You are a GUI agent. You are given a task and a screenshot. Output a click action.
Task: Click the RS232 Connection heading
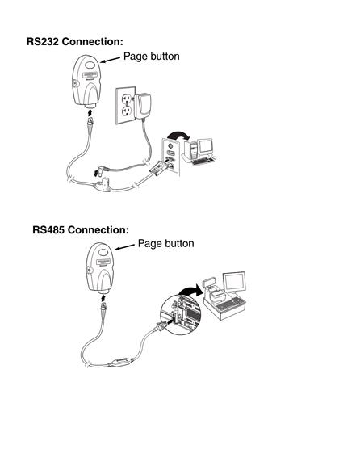pyautogui.click(x=74, y=42)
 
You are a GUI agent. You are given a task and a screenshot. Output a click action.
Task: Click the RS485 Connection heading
pyautogui.click(x=81, y=229)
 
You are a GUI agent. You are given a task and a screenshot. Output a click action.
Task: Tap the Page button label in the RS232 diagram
pyautogui.click(x=152, y=57)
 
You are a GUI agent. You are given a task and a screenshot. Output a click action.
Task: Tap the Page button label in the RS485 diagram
pyautogui.click(x=166, y=243)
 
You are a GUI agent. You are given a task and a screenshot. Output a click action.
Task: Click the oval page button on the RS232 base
pyautogui.click(x=90, y=65)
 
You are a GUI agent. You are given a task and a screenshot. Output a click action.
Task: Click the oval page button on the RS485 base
pyautogui.click(x=103, y=253)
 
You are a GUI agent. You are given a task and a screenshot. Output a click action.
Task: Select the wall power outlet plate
pyautogui.click(x=126, y=105)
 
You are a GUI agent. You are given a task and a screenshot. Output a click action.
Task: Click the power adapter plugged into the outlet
pyautogui.click(x=143, y=106)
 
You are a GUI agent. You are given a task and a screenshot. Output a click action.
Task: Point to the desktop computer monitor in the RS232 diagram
pyautogui.click(x=206, y=147)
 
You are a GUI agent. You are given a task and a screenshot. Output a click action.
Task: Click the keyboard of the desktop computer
pyautogui.click(x=203, y=161)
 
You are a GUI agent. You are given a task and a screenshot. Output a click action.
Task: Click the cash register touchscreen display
pyautogui.click(x=235, y=282)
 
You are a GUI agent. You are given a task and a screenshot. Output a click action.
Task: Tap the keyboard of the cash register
pyautogui.click(x=229, y=304)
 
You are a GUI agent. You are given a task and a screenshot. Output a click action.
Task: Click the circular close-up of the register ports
pyautogui.click(x=181, y=315)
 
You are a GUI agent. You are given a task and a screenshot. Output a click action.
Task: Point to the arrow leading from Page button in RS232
pyautogui.click(x=111, y=60)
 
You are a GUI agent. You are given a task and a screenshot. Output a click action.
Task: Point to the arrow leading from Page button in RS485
pyautogui.click(x=125, y=247)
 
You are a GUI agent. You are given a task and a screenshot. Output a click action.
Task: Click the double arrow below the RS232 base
pyautogui.click(x=90, y=112)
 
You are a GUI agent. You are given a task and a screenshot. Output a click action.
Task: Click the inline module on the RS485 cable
pyautogui.click(x=121, y=363)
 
